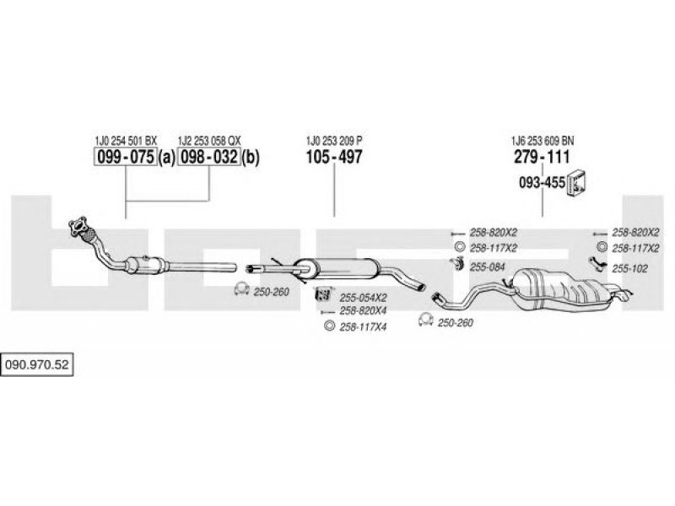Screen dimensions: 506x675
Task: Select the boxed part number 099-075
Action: (x=123, y=157)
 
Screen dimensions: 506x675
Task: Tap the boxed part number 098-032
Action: (x=208, y=157)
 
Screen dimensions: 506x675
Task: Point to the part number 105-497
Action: (x=333, y=157)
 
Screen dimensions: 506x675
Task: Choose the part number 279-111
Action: (x=541, y=157)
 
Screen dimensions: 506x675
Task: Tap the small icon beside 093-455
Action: (x=577, y=180)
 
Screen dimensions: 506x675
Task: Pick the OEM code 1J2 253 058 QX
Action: (x=208, y=140)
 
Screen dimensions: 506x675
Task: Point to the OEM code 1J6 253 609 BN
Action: (x=541, y=140)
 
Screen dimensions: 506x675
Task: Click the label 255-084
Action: (x=487, y=266)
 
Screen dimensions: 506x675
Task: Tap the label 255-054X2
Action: (x=363, y=297)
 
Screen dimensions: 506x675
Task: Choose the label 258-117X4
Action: (x=363, y=326)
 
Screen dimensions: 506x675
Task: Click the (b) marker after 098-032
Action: (x=251, y=157)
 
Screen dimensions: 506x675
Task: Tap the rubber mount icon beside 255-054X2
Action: (x=321, y=296)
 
